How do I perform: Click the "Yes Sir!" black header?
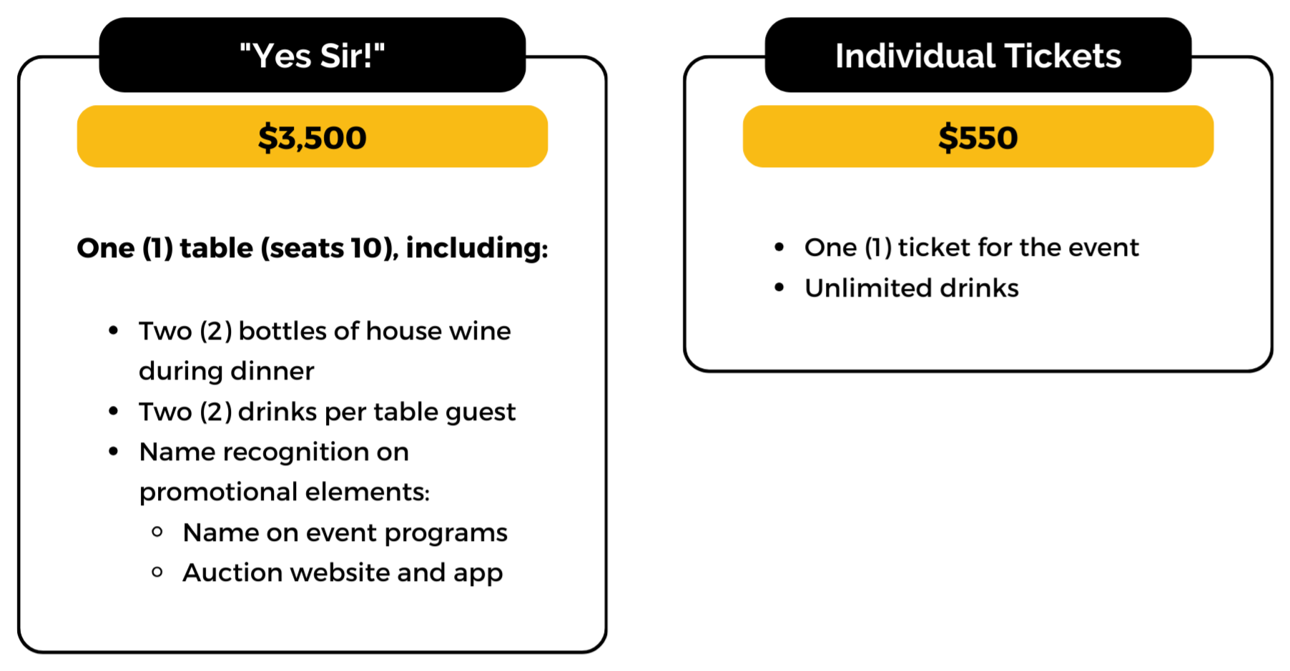pyautogui.click(x=312, y=55)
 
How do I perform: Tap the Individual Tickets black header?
pyautogui.click(x=978, y=55)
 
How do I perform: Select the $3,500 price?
pyautogui.click(x=312, y=137)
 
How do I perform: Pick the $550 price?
pyautogui.click(x=978, y=137)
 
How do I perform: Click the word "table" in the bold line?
pyautogui.click(x=216, y=248)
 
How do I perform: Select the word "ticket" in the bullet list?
pyautogui.click(x=934, y=247)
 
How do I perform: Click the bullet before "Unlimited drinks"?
pyautogui.click(x=779, y=288)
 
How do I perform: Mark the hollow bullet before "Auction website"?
pyautogui.click(x=157, y=572)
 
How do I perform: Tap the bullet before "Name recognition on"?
pyautogui.click(x=114, y=452)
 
